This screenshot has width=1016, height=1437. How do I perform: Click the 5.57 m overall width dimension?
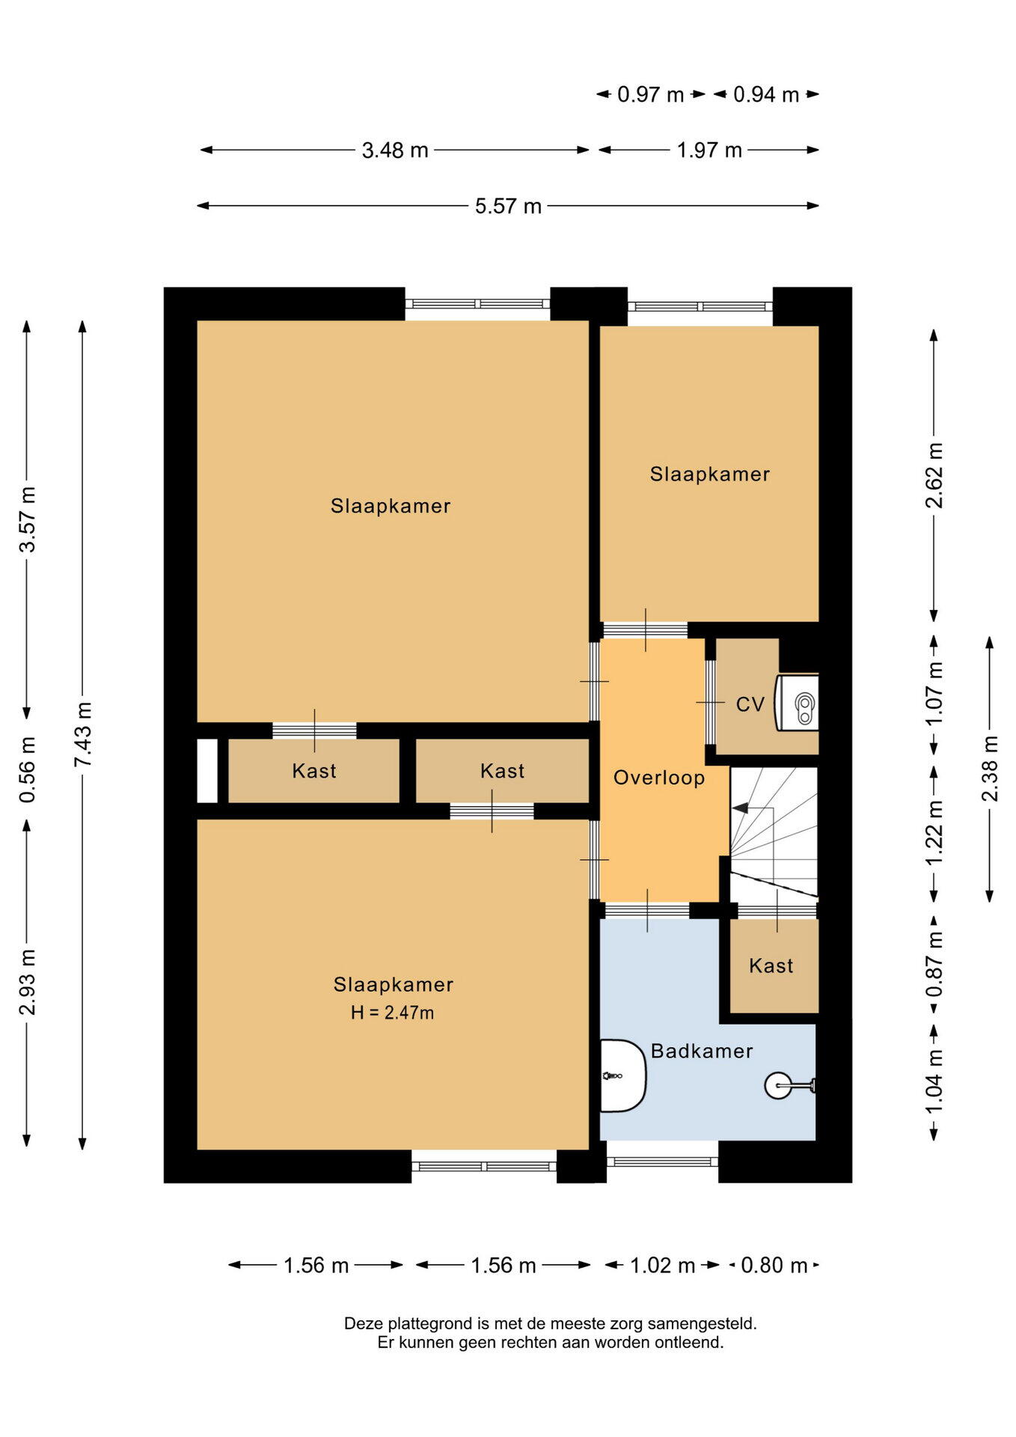click(x=508, y=206)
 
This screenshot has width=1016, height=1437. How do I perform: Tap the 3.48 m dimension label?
click(x=395, y=150)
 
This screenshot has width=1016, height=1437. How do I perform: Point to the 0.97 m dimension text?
click(x=650, y=95)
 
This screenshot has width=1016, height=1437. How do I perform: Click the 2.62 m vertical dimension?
click(x=934, y=475)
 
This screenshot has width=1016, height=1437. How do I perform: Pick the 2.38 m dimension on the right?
click(x=989, y=769)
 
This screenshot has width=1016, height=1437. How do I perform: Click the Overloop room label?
click(x=659, y=778)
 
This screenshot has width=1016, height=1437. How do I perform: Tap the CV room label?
click(x=750, y=704)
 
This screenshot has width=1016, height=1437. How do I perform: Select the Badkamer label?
click(x=702, y=1051)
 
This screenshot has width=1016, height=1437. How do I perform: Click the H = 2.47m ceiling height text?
click(x=393, y=1013)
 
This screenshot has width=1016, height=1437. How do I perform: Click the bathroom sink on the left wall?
click(x=622, y=1076)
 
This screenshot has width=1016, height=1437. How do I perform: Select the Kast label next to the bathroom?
click(x=771, y=965)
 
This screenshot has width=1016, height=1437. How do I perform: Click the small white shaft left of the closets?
click(x=207, y=771)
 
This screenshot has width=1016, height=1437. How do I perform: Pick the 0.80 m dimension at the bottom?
click(x=774, y=1266)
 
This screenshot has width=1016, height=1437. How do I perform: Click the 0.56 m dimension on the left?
click(x=27, y=769)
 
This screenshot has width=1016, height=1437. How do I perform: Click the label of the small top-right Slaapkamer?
click(x=710, y=474)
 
